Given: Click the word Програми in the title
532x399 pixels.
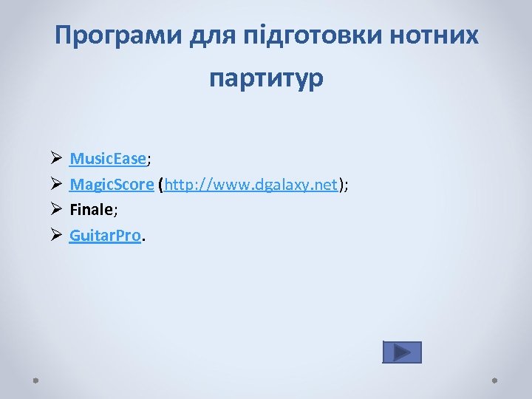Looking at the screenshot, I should point(102,35).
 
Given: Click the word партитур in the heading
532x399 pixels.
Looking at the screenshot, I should point(266,78).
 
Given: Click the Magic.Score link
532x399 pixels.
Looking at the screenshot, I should point(112,184).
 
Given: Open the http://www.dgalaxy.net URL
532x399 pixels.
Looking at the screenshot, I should point(252,184).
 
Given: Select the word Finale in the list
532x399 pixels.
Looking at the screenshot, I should point(90,210).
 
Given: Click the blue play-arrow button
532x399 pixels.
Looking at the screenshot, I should point(402,352).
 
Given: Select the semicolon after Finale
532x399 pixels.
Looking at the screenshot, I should point(115,211).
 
